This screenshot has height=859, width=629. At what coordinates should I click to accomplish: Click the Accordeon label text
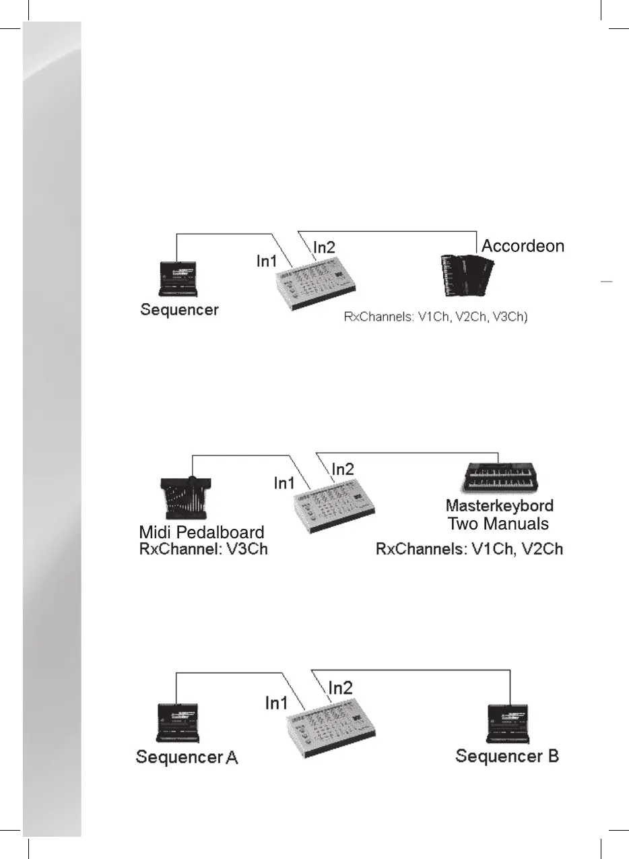(523, 246)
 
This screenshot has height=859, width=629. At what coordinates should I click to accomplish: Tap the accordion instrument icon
(461, 275)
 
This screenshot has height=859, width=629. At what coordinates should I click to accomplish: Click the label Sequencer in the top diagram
(179, 310)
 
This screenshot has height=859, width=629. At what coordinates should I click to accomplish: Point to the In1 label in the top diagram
(267, 261)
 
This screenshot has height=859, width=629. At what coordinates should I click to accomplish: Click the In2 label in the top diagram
(324, 247)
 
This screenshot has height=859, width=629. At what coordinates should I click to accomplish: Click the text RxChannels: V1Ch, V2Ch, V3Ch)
(436, 317)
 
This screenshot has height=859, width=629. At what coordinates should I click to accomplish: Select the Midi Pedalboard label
(201, 533)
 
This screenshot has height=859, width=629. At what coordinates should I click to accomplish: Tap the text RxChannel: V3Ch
(203, 549)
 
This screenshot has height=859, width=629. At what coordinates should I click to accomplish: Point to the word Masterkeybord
(499, 506)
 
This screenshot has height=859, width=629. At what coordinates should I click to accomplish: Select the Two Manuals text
(498, 523)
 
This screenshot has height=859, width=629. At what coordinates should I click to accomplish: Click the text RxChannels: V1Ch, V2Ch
(469, 549)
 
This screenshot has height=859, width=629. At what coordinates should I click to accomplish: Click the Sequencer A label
(187, 757)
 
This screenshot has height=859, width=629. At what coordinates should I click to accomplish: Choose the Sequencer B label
(507, 756)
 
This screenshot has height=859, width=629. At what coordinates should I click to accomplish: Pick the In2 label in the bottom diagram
(341, 687)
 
